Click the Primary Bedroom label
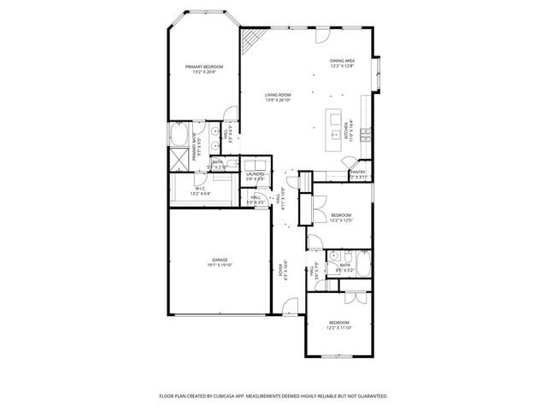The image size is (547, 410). coord(204,69)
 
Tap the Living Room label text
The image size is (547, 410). coord(278,97)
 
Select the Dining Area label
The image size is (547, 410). coord(342,63)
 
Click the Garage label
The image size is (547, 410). coord(220,262)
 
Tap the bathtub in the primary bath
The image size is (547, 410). coord(180,136)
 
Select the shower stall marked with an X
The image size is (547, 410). coord(179,157)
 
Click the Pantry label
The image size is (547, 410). coord(358,174)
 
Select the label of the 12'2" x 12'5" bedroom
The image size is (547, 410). coord(341,218)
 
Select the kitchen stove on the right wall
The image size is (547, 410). coord(365,134)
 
